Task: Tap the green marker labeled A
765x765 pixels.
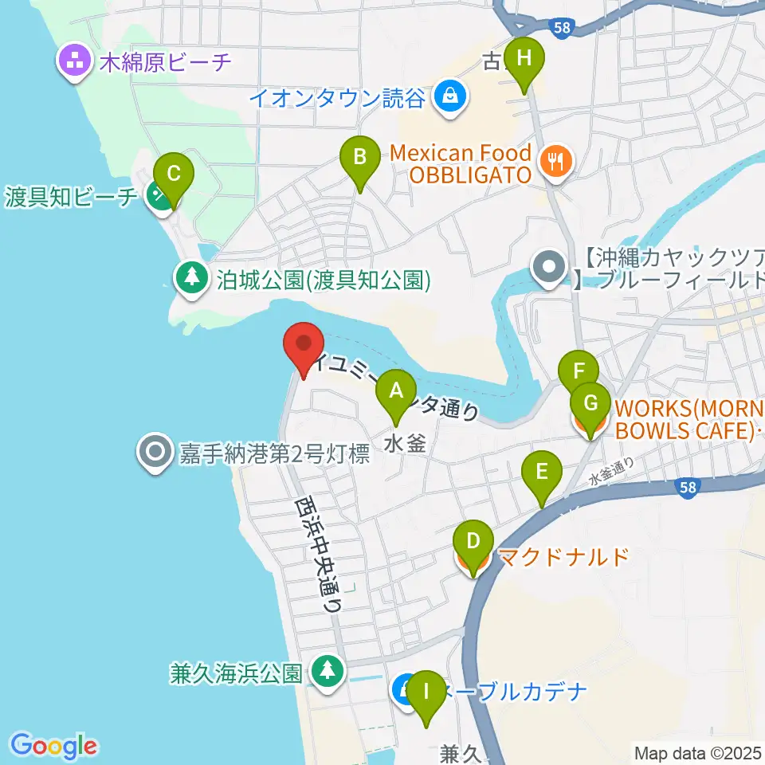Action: tap(395, 393)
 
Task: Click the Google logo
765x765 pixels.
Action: tap(54, 746)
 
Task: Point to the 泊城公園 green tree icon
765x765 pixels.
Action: tap(191, 279)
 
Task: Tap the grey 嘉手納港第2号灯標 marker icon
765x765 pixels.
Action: tap(154, 453)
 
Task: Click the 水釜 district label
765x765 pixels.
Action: tap(406, 443)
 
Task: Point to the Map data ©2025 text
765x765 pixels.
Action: tap(697, 751)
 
